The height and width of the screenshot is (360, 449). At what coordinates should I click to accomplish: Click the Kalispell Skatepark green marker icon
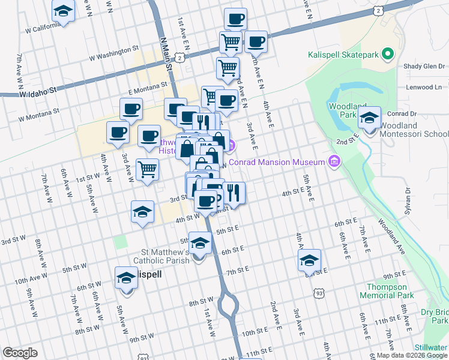tap(387, 55)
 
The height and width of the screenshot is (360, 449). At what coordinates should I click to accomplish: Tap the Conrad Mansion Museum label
tap(276, 163)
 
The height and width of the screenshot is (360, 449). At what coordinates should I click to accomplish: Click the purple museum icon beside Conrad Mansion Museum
tap(334, 161)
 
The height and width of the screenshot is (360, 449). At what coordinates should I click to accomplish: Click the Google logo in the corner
tap(20, 353)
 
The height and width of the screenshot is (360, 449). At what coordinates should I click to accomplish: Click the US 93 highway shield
tap(318, 293)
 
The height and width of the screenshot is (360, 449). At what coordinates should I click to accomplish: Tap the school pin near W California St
tap(62, 11)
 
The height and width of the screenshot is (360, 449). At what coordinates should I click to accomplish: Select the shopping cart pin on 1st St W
tap(147, 170)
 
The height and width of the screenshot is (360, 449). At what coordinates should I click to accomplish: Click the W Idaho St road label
tap(37, 93)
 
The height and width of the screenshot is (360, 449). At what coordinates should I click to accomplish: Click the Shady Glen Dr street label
tap(424, 67)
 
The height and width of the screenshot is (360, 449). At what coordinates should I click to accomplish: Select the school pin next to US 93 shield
tap(310, 260)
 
